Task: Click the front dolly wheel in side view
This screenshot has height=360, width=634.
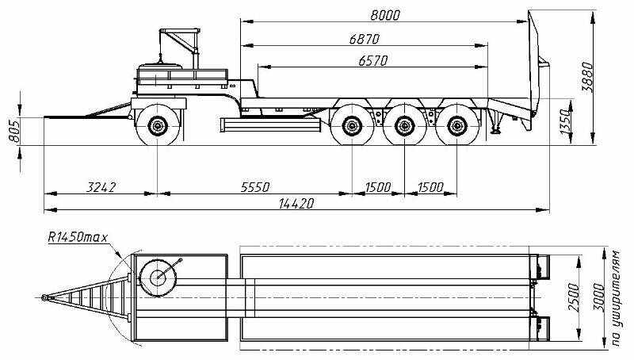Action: [x=158, y=127]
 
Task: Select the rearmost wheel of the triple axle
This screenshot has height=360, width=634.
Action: [x=456, y=126]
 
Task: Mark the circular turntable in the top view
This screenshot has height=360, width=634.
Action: [x=158, y=277]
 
